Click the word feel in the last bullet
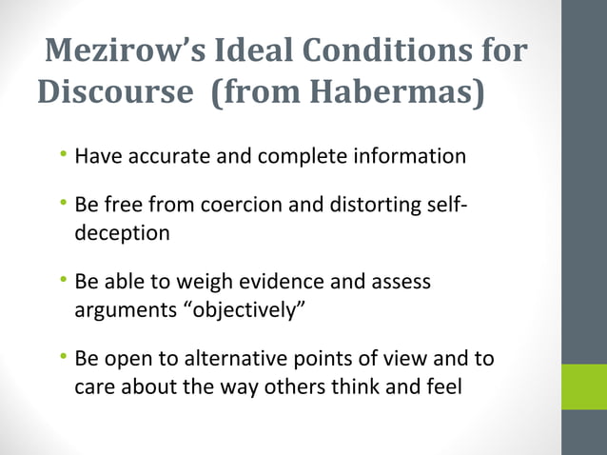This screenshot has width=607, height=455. click(441, 386)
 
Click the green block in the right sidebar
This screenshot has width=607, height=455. click(583, 386)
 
